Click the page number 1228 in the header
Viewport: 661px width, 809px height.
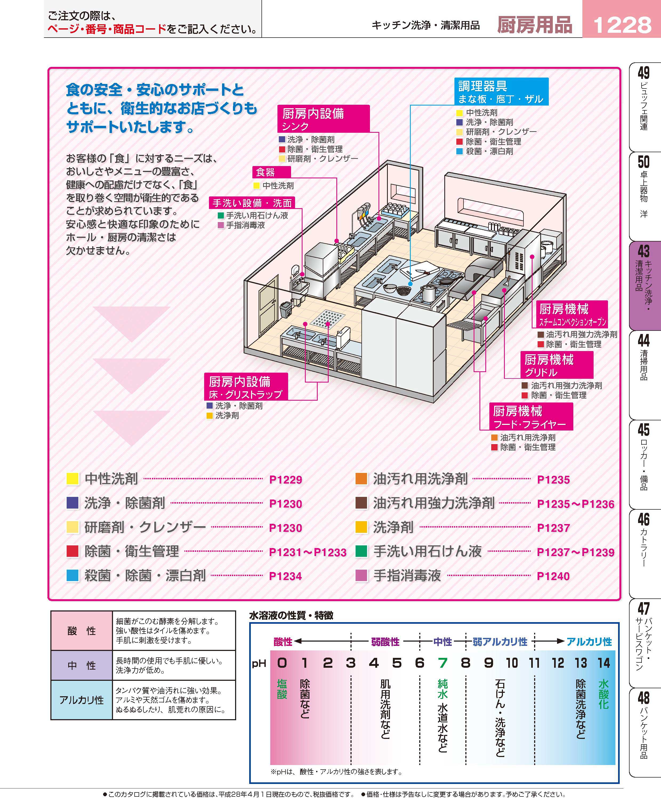622,25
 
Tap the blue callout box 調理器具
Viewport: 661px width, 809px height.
501,91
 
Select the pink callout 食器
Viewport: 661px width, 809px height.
272,172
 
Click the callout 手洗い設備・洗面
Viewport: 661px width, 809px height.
252,203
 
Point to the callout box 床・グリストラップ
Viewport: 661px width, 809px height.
245,387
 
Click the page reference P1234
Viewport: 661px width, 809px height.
285,576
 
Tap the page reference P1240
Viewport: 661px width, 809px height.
553,576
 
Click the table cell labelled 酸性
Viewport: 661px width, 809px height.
82,631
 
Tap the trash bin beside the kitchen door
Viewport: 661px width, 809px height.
285,309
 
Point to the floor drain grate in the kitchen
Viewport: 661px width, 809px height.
328,318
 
